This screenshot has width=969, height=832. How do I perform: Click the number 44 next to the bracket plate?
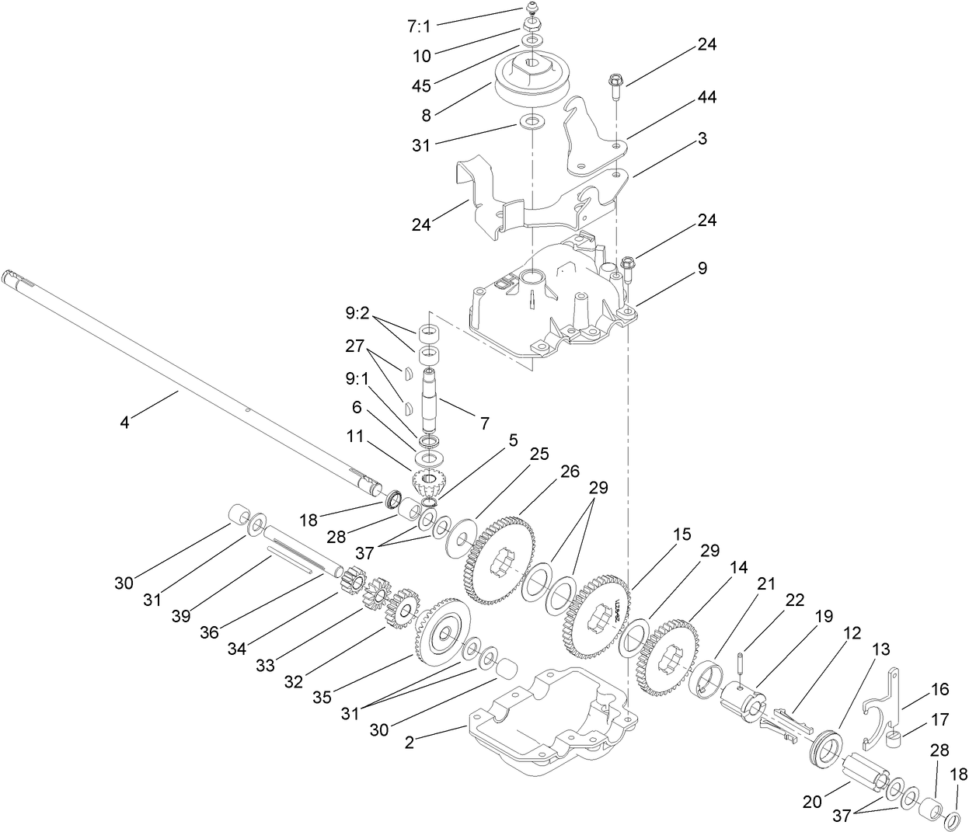[x=706, y=97]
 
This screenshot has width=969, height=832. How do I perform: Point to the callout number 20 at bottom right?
[x=812, y=802]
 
